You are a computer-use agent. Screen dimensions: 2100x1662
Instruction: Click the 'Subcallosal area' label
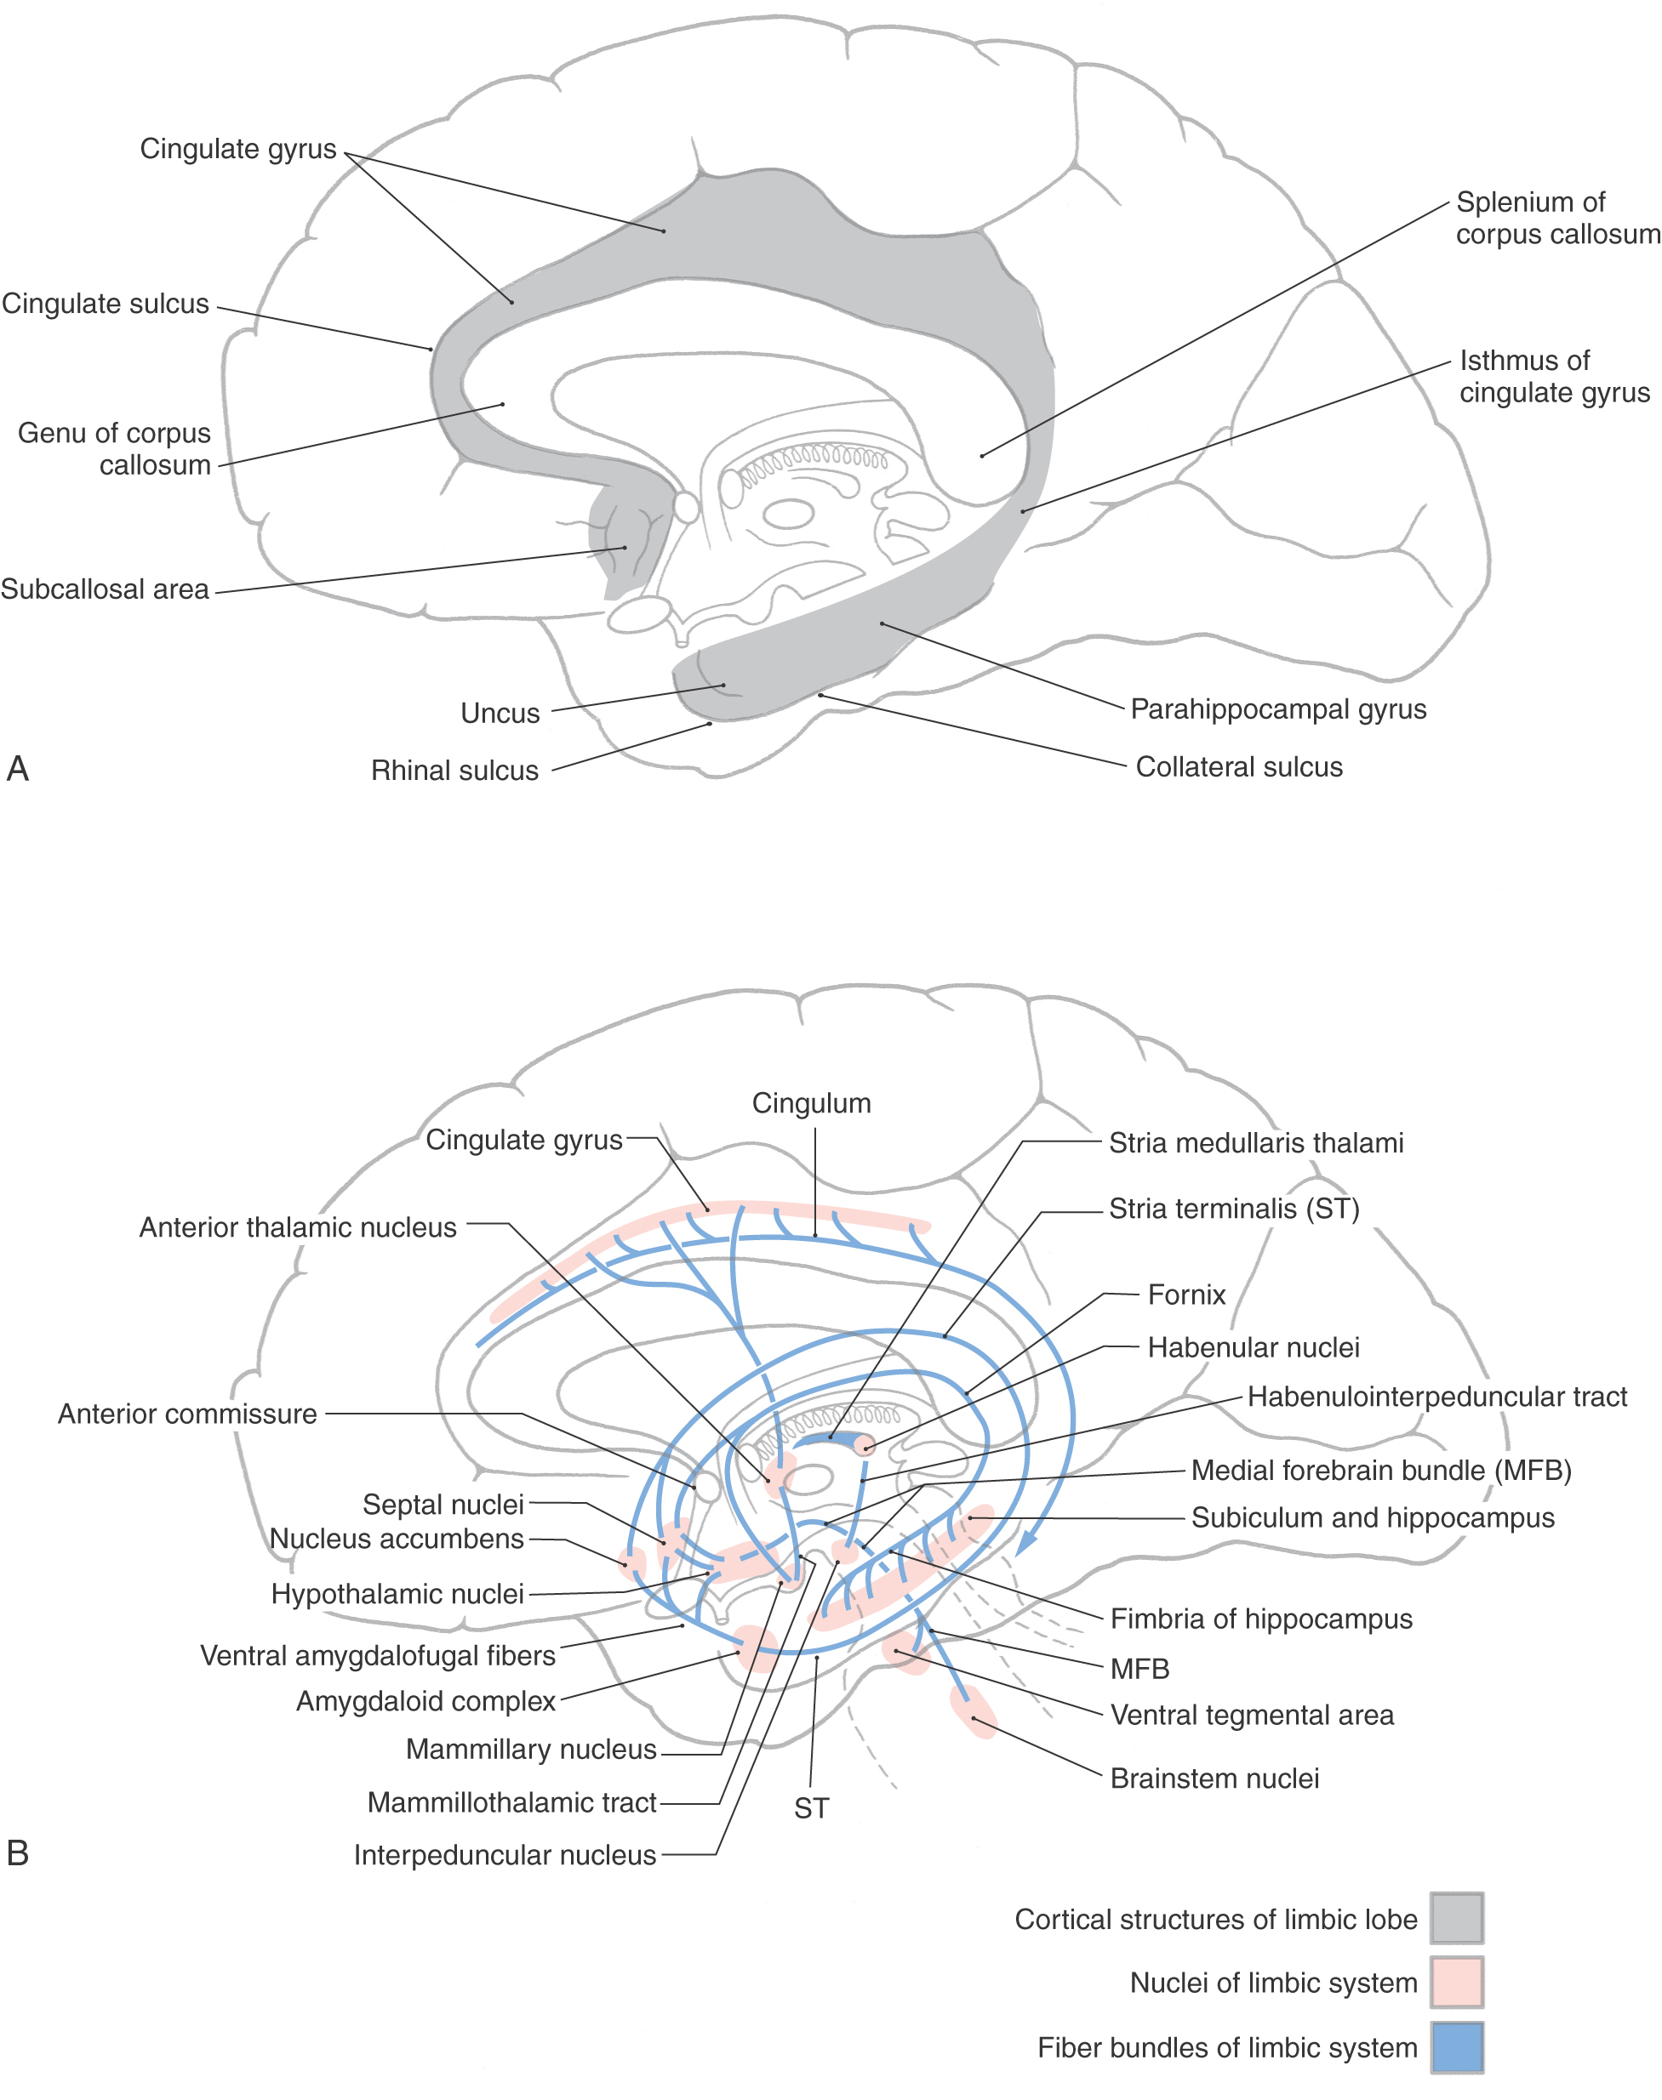pos(105,589)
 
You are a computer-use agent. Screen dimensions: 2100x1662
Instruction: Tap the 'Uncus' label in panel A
pos(500,713)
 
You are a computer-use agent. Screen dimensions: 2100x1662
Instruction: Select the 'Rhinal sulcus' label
pos(454,771)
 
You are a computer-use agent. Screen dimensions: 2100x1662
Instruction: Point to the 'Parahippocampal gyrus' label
pos(1277,709)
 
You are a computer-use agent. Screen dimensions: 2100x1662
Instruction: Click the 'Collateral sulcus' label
pos(1239,766)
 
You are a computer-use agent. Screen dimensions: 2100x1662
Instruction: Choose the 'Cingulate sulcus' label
pos(105,304)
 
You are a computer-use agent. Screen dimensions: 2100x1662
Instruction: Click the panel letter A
pos(18,768)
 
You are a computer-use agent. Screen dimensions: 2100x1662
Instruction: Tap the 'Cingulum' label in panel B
pos(812,1103)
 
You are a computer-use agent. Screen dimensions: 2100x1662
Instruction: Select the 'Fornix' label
pos(1186,1295)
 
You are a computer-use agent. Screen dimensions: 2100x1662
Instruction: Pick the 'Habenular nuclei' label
pos(1254,1347)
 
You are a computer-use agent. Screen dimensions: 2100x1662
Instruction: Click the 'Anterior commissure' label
pos(187,1414)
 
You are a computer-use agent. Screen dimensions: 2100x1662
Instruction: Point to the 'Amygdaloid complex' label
pos(425,1701)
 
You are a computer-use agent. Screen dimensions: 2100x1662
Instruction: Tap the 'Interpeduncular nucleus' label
pos(504,1855)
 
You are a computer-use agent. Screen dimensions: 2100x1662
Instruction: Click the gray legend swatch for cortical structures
pos(1456,1918)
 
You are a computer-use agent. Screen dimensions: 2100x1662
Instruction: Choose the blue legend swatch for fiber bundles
pos(1456,2046)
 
